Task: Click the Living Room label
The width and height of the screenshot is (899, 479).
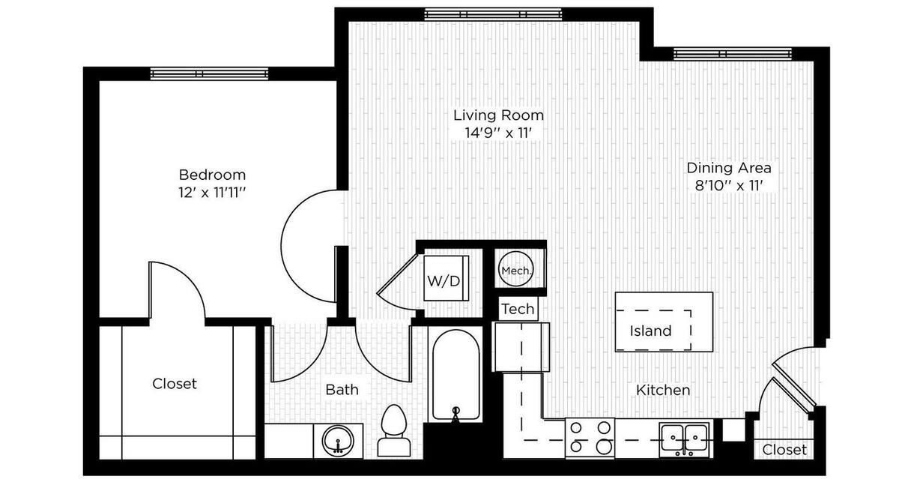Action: tap(498, 115)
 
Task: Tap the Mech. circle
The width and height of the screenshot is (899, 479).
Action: tap(515, 271)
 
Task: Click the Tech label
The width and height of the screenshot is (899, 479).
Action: tap(518, 308)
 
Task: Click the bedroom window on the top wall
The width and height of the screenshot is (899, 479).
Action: tap(209, 73)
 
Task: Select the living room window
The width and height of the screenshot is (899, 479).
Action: tap(492, 13)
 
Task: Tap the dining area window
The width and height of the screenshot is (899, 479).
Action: tap(731, 53)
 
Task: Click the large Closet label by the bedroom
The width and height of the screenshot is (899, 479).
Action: tap(175, 384)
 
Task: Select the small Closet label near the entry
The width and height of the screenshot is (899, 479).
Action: tap(785, 450)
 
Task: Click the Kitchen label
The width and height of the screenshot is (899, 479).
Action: tap(663, 391)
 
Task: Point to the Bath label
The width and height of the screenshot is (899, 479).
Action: tap(342, 390)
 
